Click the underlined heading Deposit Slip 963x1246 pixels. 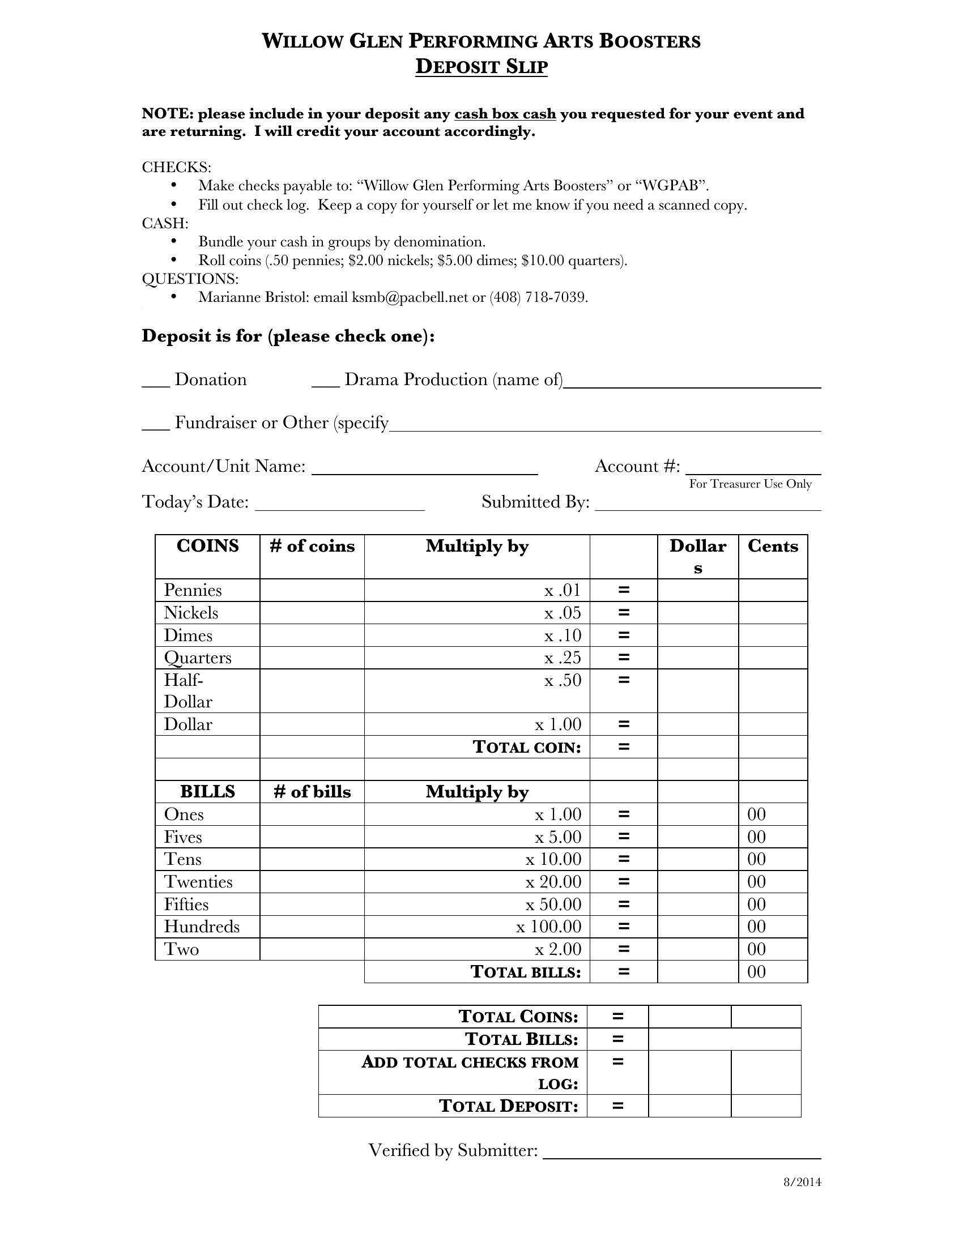[x=481, y=67]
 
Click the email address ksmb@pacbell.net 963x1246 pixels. [x=410, y=297]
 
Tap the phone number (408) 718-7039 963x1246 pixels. [x=538, y=297]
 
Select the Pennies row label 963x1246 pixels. [x=193, y=590]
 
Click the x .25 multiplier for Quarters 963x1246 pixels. [x=563, y=658]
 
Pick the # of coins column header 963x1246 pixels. [x=312, y=546]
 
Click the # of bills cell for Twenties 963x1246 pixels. [x=312, y=882]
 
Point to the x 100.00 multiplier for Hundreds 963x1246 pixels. [x=549, y=927]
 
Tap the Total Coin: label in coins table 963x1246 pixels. [x=527, y=747]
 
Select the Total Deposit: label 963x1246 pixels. [x=508, y=1106]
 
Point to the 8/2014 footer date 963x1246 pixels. [x=802, y=1182]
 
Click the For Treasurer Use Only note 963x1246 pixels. [x=750, y=484]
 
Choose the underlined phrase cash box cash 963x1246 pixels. [x=505, y=114]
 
